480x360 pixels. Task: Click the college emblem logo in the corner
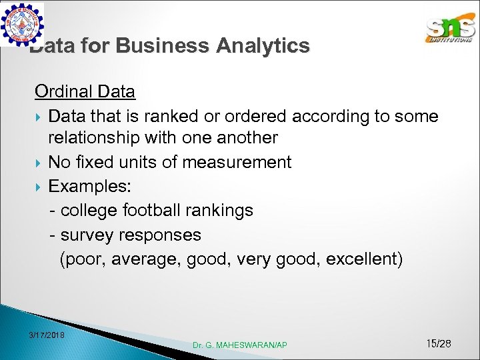tap(23, 24)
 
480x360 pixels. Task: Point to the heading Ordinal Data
tap(85, 91)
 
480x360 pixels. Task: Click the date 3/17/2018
tap(47, 334)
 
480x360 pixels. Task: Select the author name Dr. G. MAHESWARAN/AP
tap(240, 345)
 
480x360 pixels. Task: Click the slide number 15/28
tap(438, 343)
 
